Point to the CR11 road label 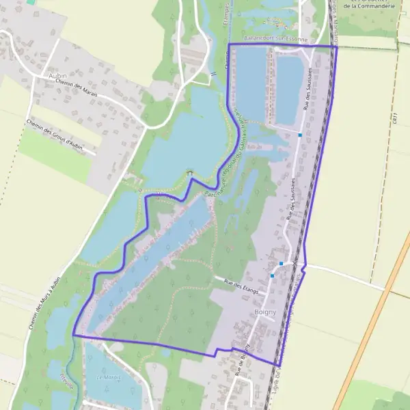(395, 119)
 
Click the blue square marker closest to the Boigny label (273, 275)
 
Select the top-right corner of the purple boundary (337, 46)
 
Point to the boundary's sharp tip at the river (73, 336)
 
